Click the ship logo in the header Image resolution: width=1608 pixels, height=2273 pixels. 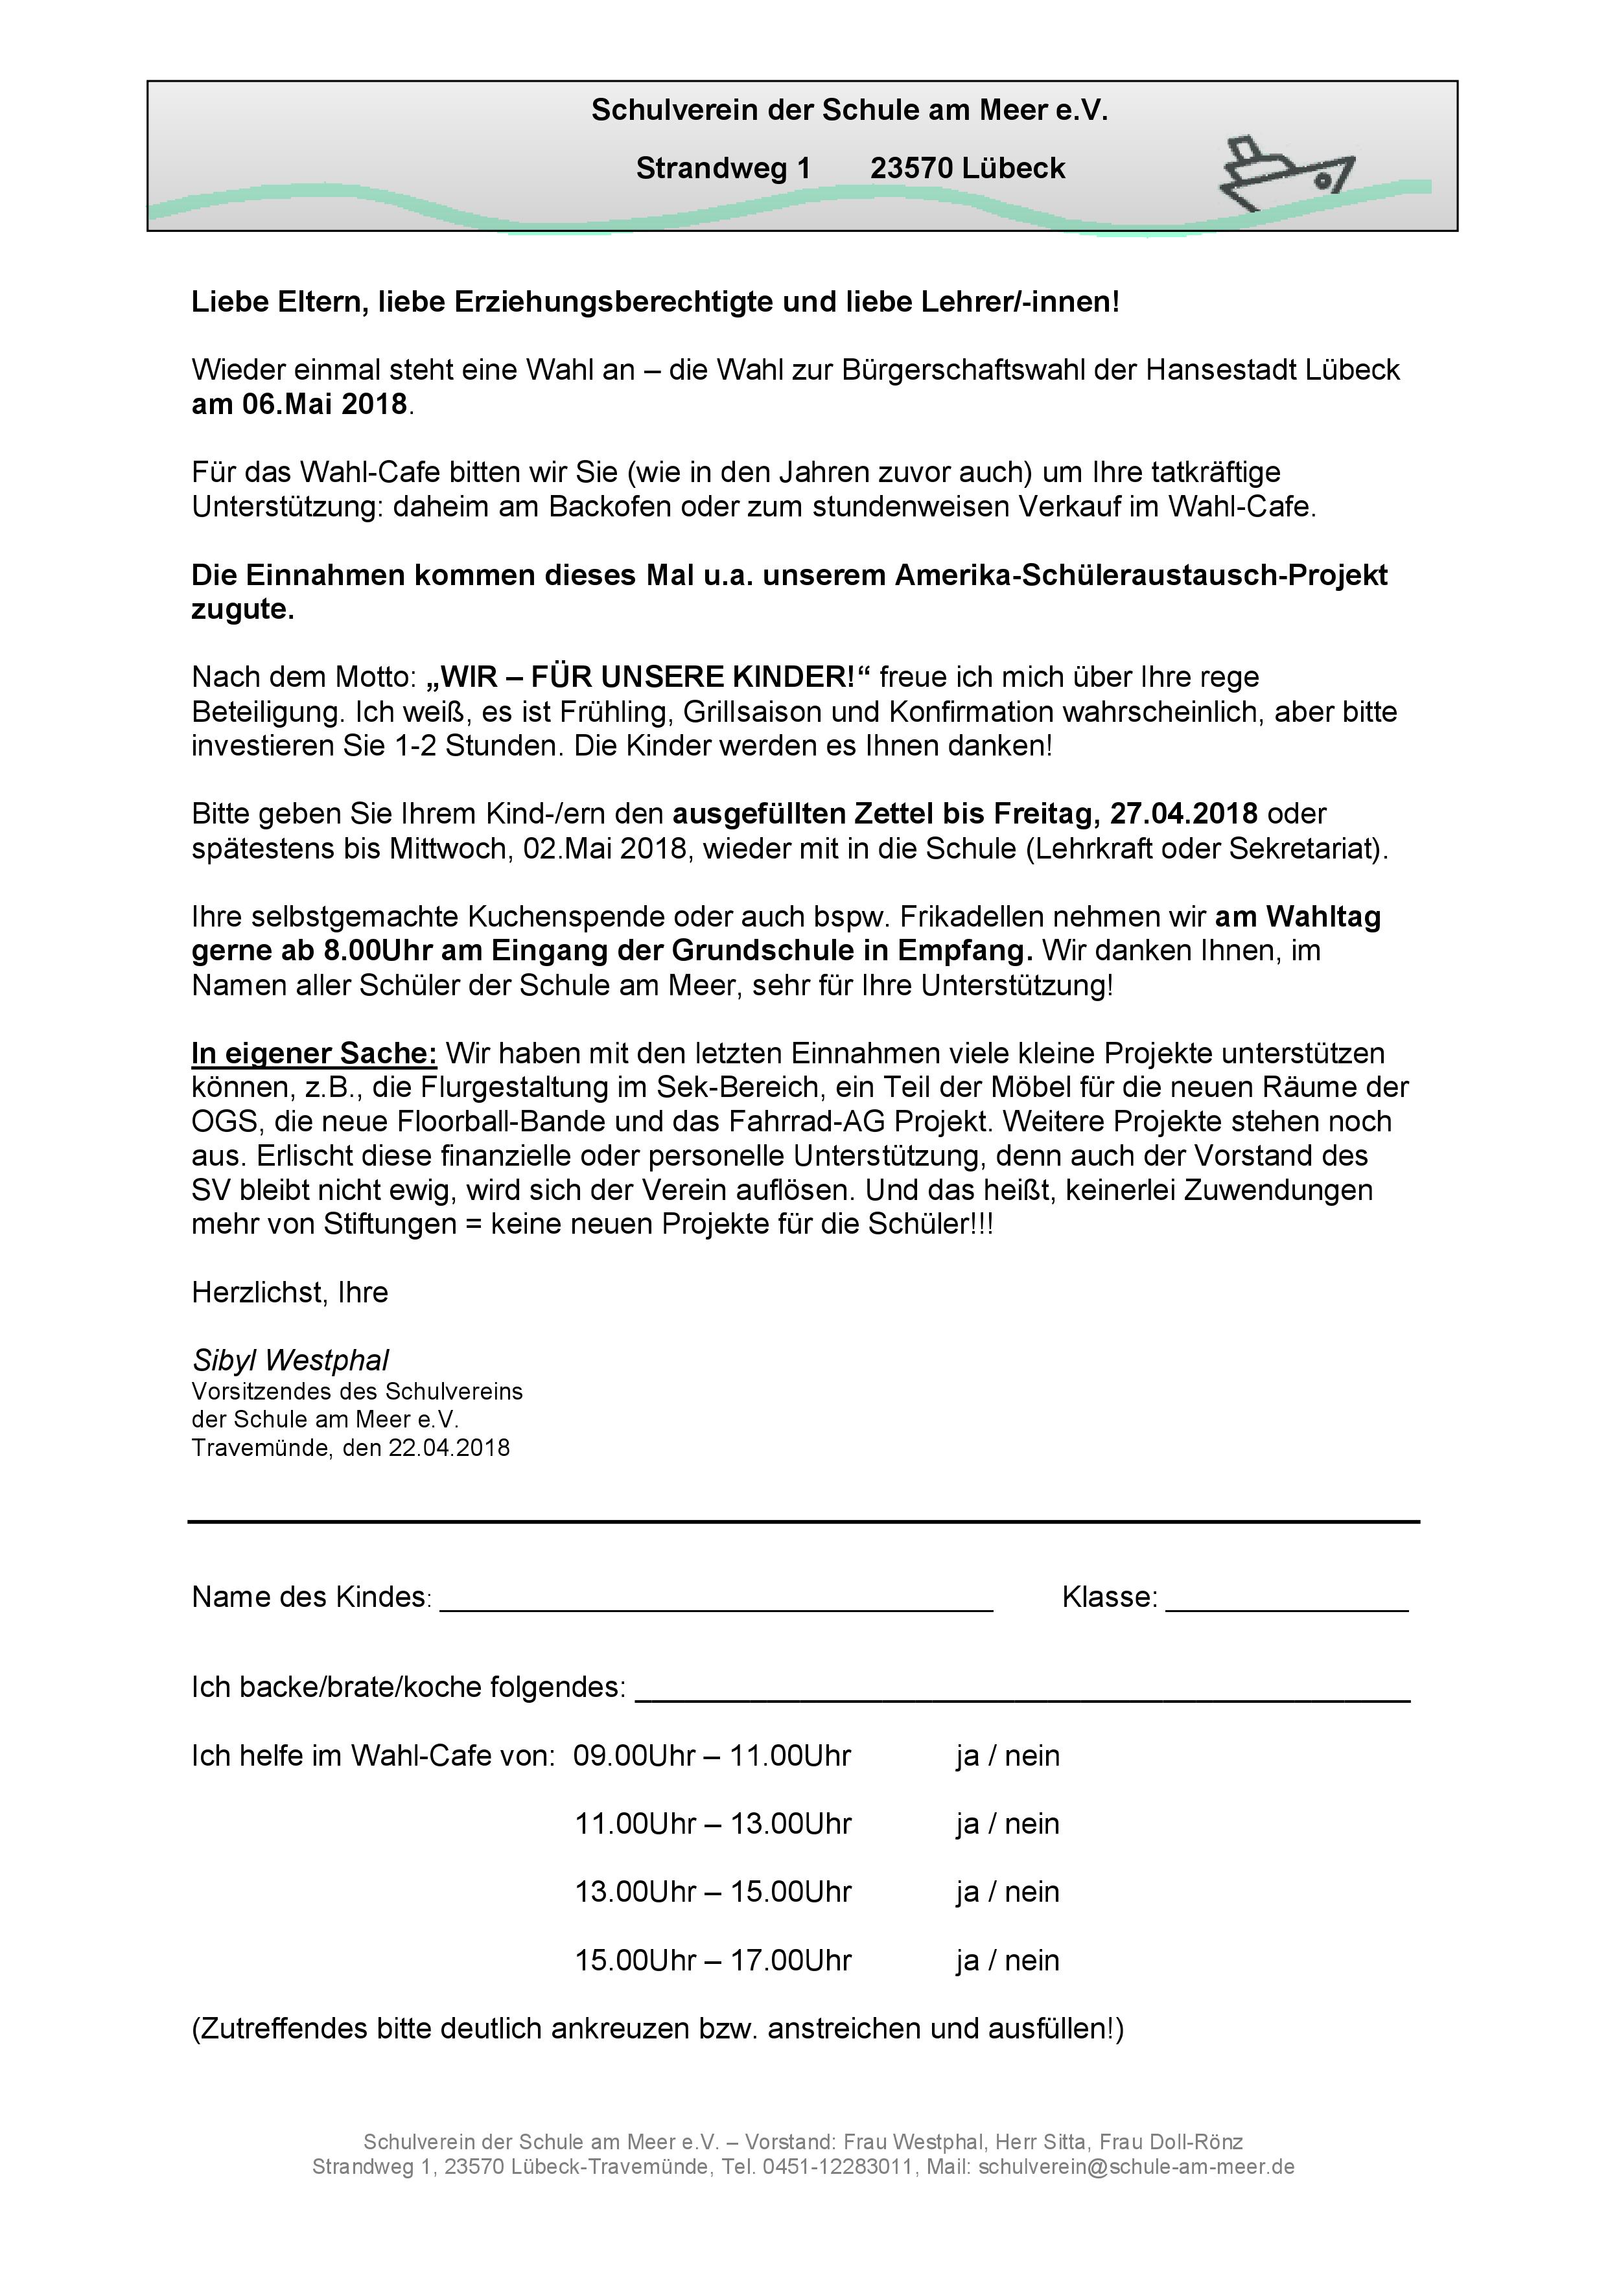[1285, 175]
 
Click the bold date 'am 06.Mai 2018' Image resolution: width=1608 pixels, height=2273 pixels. [299, 404]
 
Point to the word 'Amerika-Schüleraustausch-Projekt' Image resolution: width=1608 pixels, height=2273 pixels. [1141, 575]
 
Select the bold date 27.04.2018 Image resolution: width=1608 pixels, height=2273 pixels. [1183, 814]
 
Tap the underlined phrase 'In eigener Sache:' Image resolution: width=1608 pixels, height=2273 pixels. [314, 1054]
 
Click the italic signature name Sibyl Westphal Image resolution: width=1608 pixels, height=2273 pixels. [290, 1360]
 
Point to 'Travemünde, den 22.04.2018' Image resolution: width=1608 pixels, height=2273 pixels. [351, 1448]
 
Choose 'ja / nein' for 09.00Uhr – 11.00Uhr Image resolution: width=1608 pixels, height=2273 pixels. [1007, 1755]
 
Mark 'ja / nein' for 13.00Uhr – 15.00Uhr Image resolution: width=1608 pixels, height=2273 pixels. [1007, 1892]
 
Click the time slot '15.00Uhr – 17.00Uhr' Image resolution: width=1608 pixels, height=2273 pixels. [713, 1960]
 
